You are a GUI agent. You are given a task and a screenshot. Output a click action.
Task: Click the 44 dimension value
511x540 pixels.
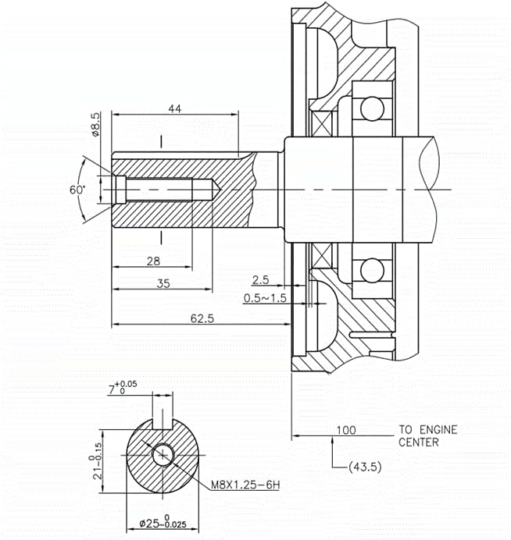pyautogui.click(x=174, y=109)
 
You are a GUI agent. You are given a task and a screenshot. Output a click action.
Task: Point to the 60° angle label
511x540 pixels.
pyautogui.click(x=77, y=190)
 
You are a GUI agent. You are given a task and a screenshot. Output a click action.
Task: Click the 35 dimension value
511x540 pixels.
pyautogui.click(x=162, y=284)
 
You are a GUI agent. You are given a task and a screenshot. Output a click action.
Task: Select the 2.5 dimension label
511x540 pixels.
pyautogui.click(x=262, y=279)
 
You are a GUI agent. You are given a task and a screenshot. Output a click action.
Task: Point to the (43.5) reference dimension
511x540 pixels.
pyautogui.click(x=362, y=467)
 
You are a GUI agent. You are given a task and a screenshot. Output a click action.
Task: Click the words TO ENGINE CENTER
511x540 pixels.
pyautogui.click(x=427, y=435)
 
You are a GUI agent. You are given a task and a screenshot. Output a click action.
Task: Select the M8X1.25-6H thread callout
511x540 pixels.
pyautogui.click(x=245, y=485)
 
